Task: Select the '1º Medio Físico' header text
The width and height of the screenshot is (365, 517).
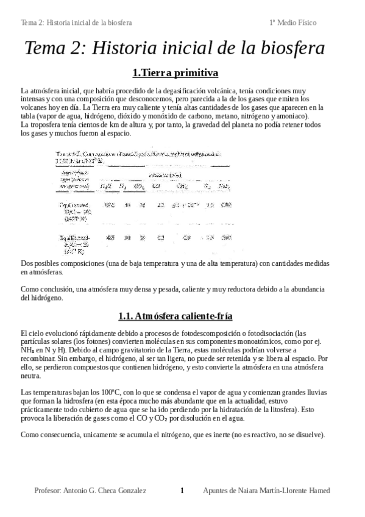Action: (x=292, y=23)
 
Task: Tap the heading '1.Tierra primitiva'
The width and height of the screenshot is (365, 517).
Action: (x=175, y=73)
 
